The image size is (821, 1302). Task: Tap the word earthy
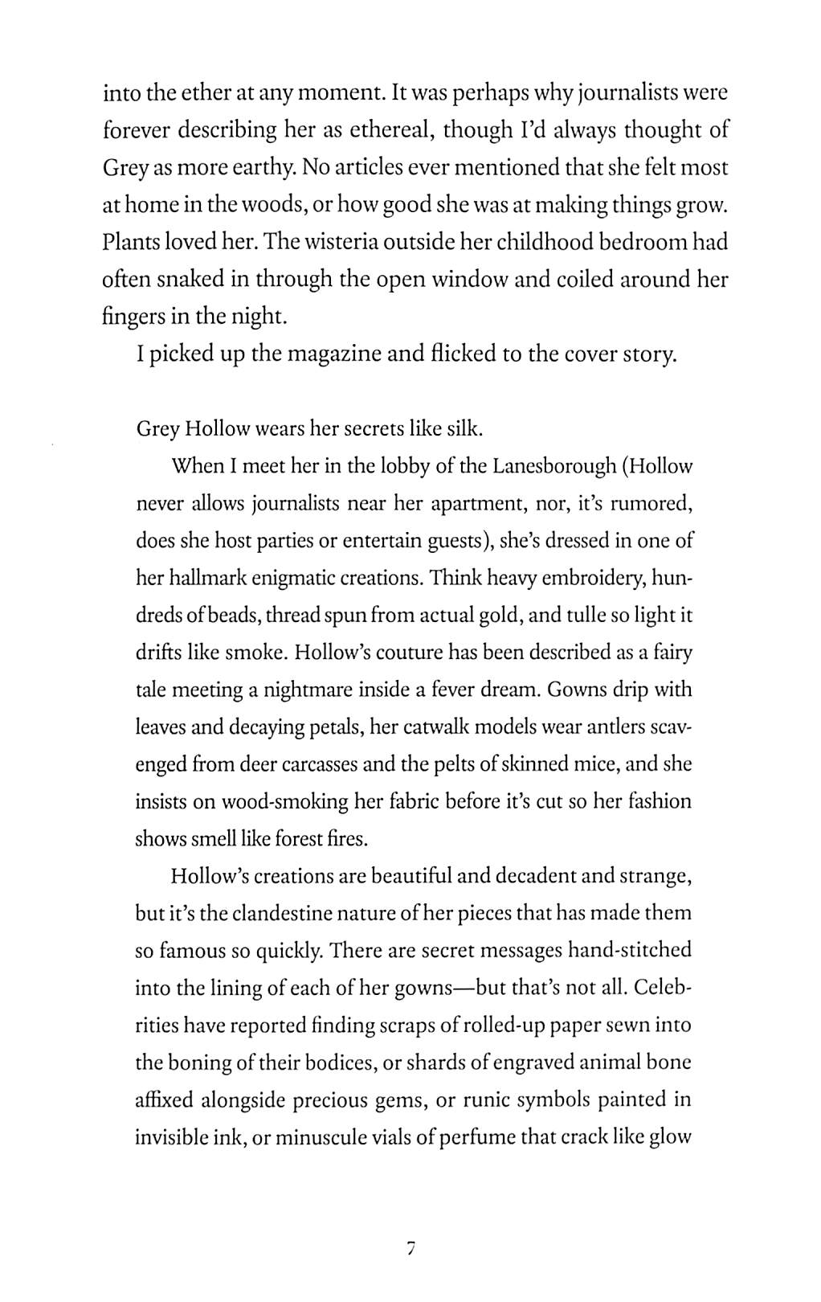click(x=247, y=168)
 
